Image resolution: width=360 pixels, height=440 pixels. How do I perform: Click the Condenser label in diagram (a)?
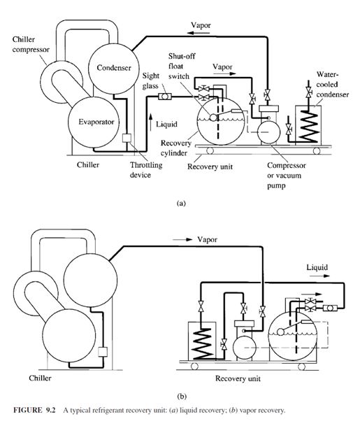pyautogui.click(x=114, y=68)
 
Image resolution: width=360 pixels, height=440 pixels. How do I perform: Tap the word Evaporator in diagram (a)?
pyautogui.click(x=96, y=122)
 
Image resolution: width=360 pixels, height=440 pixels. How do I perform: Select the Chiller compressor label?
pyautogui.click(x=31, y=44)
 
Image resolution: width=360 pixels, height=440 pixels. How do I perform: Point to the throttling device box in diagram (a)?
pyautogui.click(x=127, y=138)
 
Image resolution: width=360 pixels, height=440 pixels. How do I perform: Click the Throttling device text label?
pyautogui.click(x=146, y=170)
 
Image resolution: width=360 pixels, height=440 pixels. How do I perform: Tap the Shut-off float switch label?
pyautogui.click(x=182, y=66)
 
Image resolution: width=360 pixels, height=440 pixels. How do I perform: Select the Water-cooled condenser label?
pyautogui.click(x=333, y=85)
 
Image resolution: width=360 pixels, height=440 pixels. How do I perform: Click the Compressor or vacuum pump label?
pyautogui.click(x=287, y=176)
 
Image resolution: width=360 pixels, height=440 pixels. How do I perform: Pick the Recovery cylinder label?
pyautogui.click(x=175, y=148)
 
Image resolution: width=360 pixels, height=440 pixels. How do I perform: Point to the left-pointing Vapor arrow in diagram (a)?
pyautogui.click(x=199, y=33)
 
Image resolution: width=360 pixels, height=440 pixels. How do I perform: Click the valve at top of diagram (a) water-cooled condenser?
pyautogui.click(x=309, y=92)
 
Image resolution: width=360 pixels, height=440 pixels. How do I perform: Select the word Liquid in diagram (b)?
pyautogui.click(x=317, y=267)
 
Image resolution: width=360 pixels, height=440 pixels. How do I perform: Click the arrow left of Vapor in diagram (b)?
pyautogui.click(x=182, y=240)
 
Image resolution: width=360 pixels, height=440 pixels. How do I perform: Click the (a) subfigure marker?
pyautogui.click(x=181, y=203)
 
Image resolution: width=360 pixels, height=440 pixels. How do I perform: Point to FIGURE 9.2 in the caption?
pyautogui.click(x=34, y=410)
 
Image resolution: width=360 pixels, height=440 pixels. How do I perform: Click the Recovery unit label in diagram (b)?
pyautogui.click(x=238, y=378)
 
